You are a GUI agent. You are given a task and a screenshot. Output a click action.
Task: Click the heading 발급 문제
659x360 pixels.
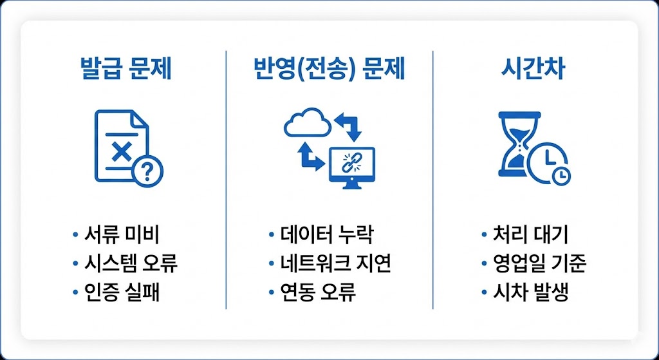click(125, 69)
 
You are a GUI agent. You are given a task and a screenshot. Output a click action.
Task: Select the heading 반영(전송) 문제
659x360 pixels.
click(329, 69)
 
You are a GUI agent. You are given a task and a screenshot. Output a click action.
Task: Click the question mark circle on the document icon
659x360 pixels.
click(147, 171)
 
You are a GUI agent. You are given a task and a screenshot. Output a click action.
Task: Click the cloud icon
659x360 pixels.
click(306, 123)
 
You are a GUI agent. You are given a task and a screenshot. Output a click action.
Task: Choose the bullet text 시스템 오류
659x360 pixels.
click(131, 263)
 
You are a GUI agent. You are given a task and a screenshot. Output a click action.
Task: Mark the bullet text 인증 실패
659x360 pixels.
click(122, 293)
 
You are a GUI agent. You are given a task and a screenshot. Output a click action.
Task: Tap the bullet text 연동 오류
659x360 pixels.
click(318, 293)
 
